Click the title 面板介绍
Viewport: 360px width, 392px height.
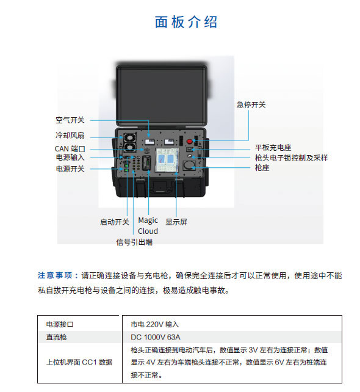tap(186, 22)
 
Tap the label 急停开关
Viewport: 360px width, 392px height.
tap(251, 104)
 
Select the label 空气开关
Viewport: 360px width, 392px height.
tap(70, 120)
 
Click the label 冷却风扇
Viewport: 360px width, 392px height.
tap(70, 136)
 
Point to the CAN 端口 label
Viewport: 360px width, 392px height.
tap(70, 149)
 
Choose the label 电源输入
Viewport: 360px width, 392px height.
tap(70, 158)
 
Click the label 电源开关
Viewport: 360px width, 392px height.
tap(70, 169)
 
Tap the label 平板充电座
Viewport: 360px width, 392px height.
tap(273, 148)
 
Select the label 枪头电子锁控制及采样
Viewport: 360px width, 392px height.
tap(291, 158)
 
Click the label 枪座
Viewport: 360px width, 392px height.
tap(262, 167)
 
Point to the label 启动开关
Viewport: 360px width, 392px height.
tap(115, 222)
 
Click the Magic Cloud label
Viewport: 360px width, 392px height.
tap(148, 225)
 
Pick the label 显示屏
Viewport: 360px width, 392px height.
tap(176, 222)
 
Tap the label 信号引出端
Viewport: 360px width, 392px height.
tap(134, 242)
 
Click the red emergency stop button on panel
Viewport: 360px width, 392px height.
tap(190, 141)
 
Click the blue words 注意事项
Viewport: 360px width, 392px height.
tap(55, 275)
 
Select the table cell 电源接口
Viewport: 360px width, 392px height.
tap(60, 324)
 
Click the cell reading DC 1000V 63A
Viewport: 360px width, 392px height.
tap(156, 337)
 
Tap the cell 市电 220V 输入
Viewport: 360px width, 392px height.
tap(155, 324)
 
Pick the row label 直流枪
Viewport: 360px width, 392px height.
tap(56, 337)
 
